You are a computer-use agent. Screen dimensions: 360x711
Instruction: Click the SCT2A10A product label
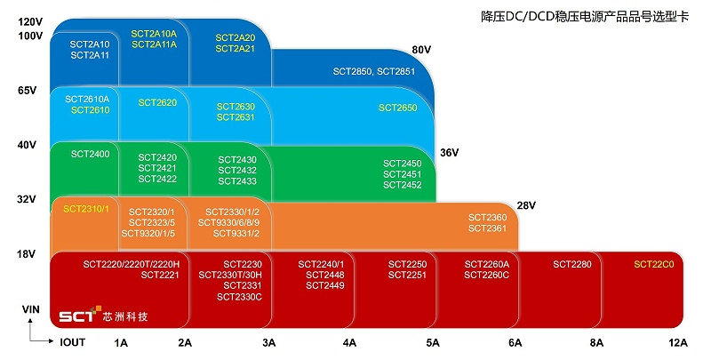[x=154, y=33]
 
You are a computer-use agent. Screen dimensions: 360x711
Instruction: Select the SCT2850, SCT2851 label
[x=374, y=70]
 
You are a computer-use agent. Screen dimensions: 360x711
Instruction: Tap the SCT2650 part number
[x=397, y=108]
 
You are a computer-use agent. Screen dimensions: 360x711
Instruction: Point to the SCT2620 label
[x=157, y=103]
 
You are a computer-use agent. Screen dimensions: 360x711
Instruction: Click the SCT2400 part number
[x=90, y=155]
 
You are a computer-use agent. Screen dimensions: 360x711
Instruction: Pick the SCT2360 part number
[x=487, y=218]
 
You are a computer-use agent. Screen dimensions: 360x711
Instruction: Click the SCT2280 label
[x=572, y=264]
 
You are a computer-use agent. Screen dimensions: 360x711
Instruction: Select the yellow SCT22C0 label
[x=654, y=264]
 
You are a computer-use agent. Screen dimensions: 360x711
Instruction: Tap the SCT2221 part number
[x=160, y=276]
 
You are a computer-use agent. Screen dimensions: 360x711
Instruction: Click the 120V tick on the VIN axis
[x=30, y=21]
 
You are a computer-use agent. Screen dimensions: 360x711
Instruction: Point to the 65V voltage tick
[x=27, y=91]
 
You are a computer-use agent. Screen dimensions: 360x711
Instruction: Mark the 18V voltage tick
[x=27, y=254]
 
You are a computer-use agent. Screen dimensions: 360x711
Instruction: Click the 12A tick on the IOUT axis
[x=678, y=342]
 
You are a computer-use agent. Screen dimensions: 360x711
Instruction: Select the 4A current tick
[x=349, y=342]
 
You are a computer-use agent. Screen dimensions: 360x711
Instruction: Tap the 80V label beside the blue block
[x=422, y=50]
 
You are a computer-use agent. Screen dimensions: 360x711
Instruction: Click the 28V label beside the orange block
[x=527, y=206]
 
